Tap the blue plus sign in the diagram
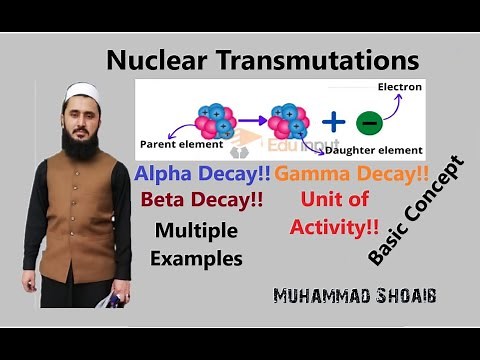point(333,122)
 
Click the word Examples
point(197,257)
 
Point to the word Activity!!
point(335,226)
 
